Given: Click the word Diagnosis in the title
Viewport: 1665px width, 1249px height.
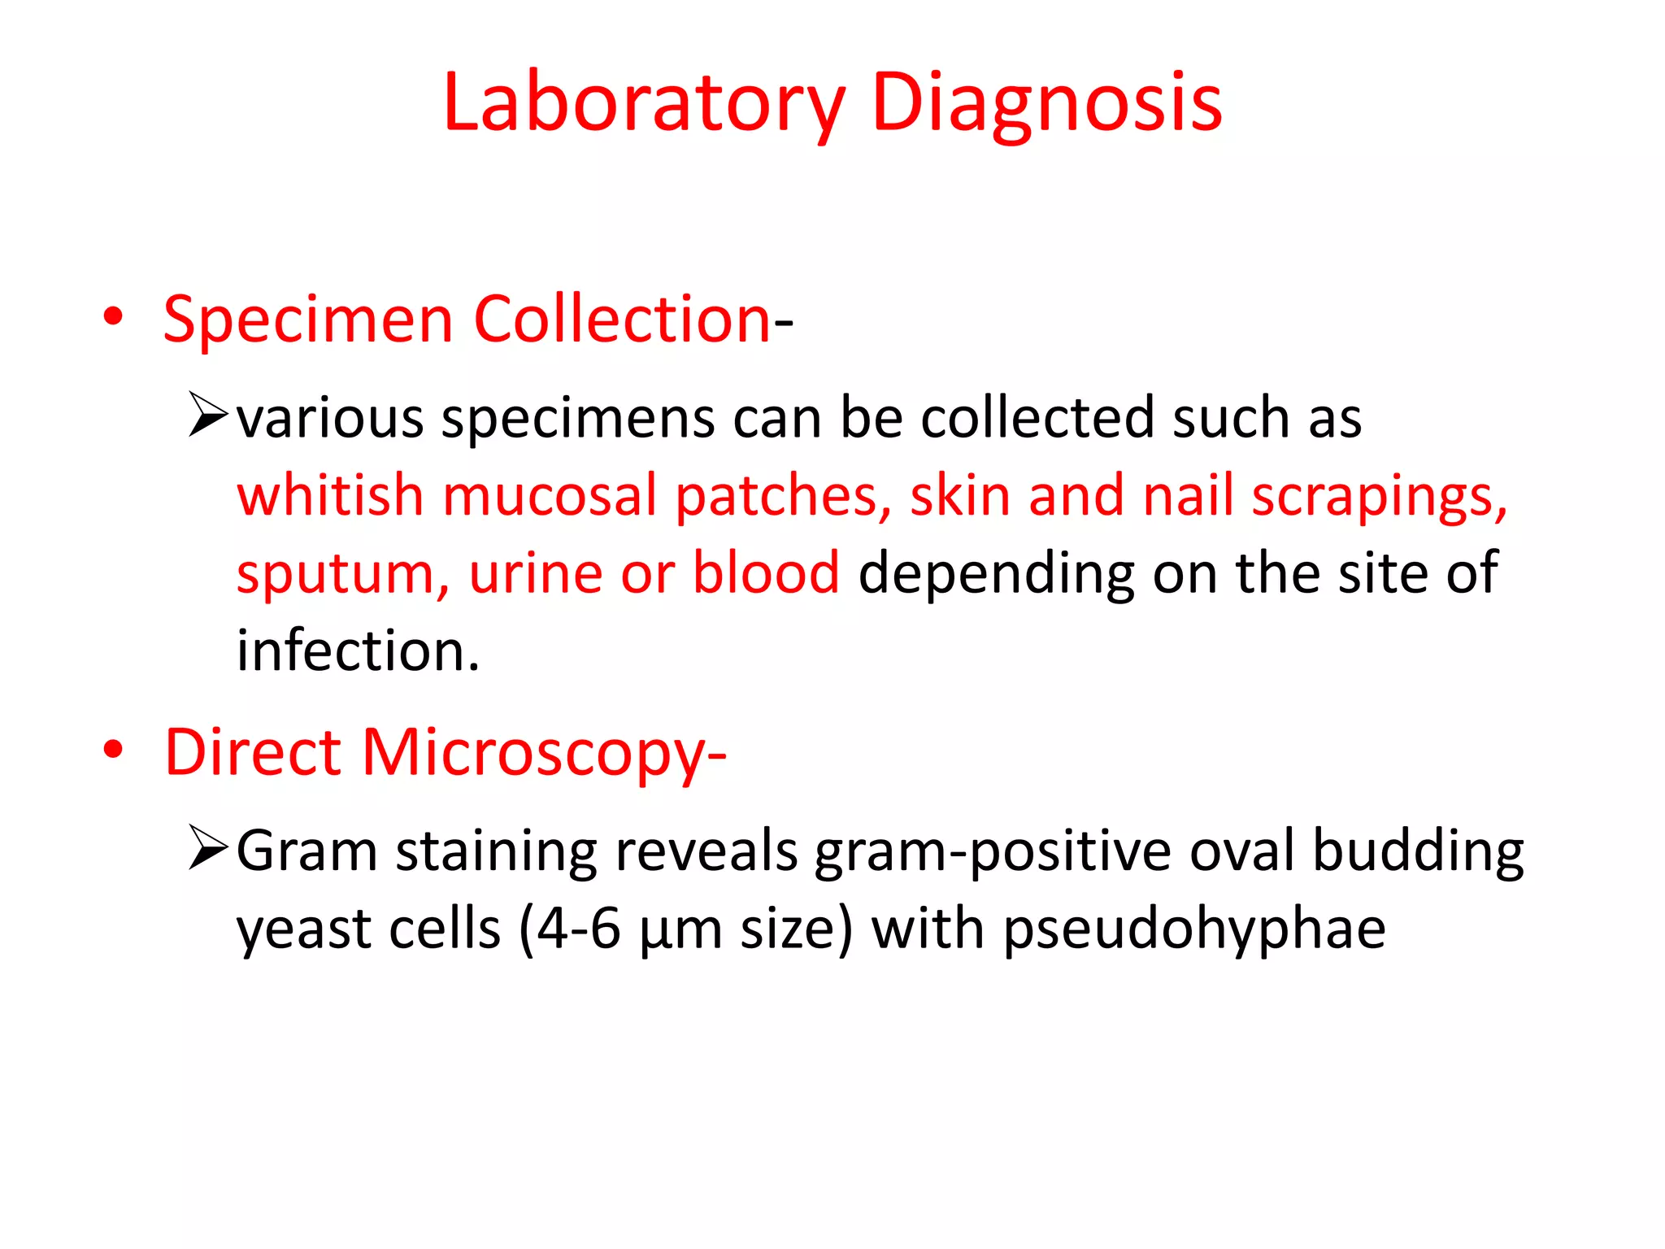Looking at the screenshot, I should (x=1046, y=103).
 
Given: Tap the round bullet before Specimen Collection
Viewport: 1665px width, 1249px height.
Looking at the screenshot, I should (x=113, y=316).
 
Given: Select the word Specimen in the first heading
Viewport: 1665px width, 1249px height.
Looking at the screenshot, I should (x=308, y=320).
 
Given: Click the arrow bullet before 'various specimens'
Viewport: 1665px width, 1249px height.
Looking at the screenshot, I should (x=207, y=414).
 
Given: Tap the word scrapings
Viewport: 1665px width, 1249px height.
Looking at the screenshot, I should (x=1379, y=496).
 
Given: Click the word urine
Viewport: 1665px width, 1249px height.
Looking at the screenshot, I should (x=535, y=572).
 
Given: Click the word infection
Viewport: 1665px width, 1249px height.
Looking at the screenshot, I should (x=358, y=651).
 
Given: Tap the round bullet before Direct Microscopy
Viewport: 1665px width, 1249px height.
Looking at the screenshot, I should (x=113, y=750).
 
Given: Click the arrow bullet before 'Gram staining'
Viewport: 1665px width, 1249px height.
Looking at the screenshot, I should (x=207, y=847).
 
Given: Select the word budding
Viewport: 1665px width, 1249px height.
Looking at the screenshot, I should (x=1418, y=851).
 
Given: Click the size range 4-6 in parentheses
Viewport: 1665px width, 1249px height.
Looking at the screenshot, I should (x=579, y=929).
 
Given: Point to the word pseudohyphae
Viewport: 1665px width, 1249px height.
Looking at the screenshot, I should (x=1194, y=929).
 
